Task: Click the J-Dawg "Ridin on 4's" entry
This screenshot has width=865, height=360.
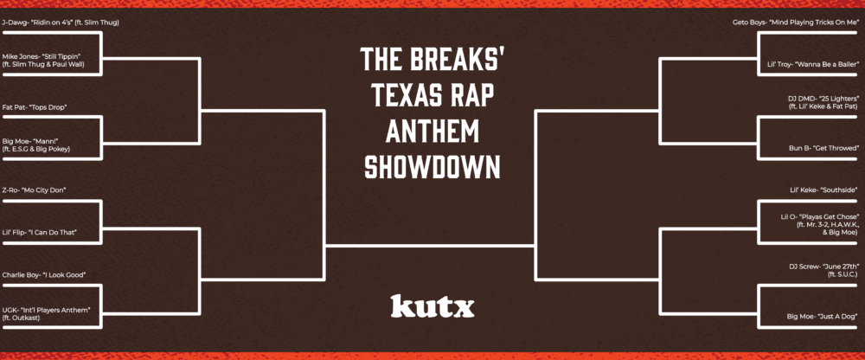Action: [x=61, y=22]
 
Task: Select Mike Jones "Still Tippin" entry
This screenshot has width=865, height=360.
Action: [x=45, y=61]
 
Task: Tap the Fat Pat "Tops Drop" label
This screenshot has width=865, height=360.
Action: [x=35, y=107]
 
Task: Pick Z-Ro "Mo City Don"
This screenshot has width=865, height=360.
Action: [x=35, y=190]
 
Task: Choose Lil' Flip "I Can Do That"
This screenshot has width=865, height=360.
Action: [x=39, y=233]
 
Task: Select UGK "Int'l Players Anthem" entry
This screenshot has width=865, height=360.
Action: [x=47, y=313]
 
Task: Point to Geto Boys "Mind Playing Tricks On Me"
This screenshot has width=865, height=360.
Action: [x=793, y=22]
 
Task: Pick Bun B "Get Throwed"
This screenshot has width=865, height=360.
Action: [x=824, y=149]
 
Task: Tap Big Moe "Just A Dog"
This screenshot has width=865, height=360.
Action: [x=823, y=317]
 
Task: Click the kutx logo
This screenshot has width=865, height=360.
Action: [x=432, y=306]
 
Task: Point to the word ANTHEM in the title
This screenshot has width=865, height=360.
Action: [x=432, y=131]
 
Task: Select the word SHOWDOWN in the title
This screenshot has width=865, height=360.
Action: [x=432, y=167]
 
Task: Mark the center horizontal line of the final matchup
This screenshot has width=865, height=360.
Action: [x=430, y=245]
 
